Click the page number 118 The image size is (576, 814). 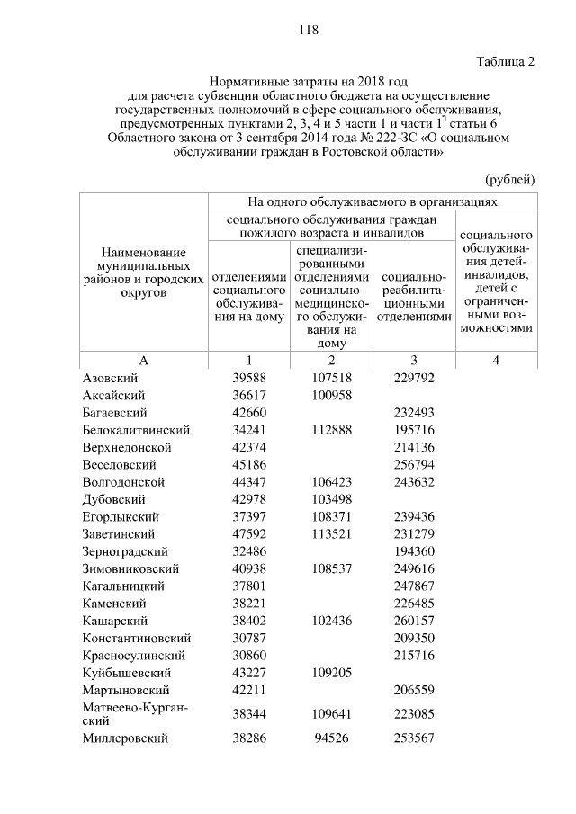coord(310,30)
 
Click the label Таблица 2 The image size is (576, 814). coord(504,62)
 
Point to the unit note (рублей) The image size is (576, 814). coord(509,179)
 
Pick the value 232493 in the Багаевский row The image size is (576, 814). coord(415,413)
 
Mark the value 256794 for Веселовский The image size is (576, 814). coord(415,465)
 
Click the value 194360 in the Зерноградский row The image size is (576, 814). coord(415,551)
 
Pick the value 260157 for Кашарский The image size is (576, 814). coord(415,622)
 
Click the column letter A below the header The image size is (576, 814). coord(143,360)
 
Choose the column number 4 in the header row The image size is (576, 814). coord(496,360)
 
